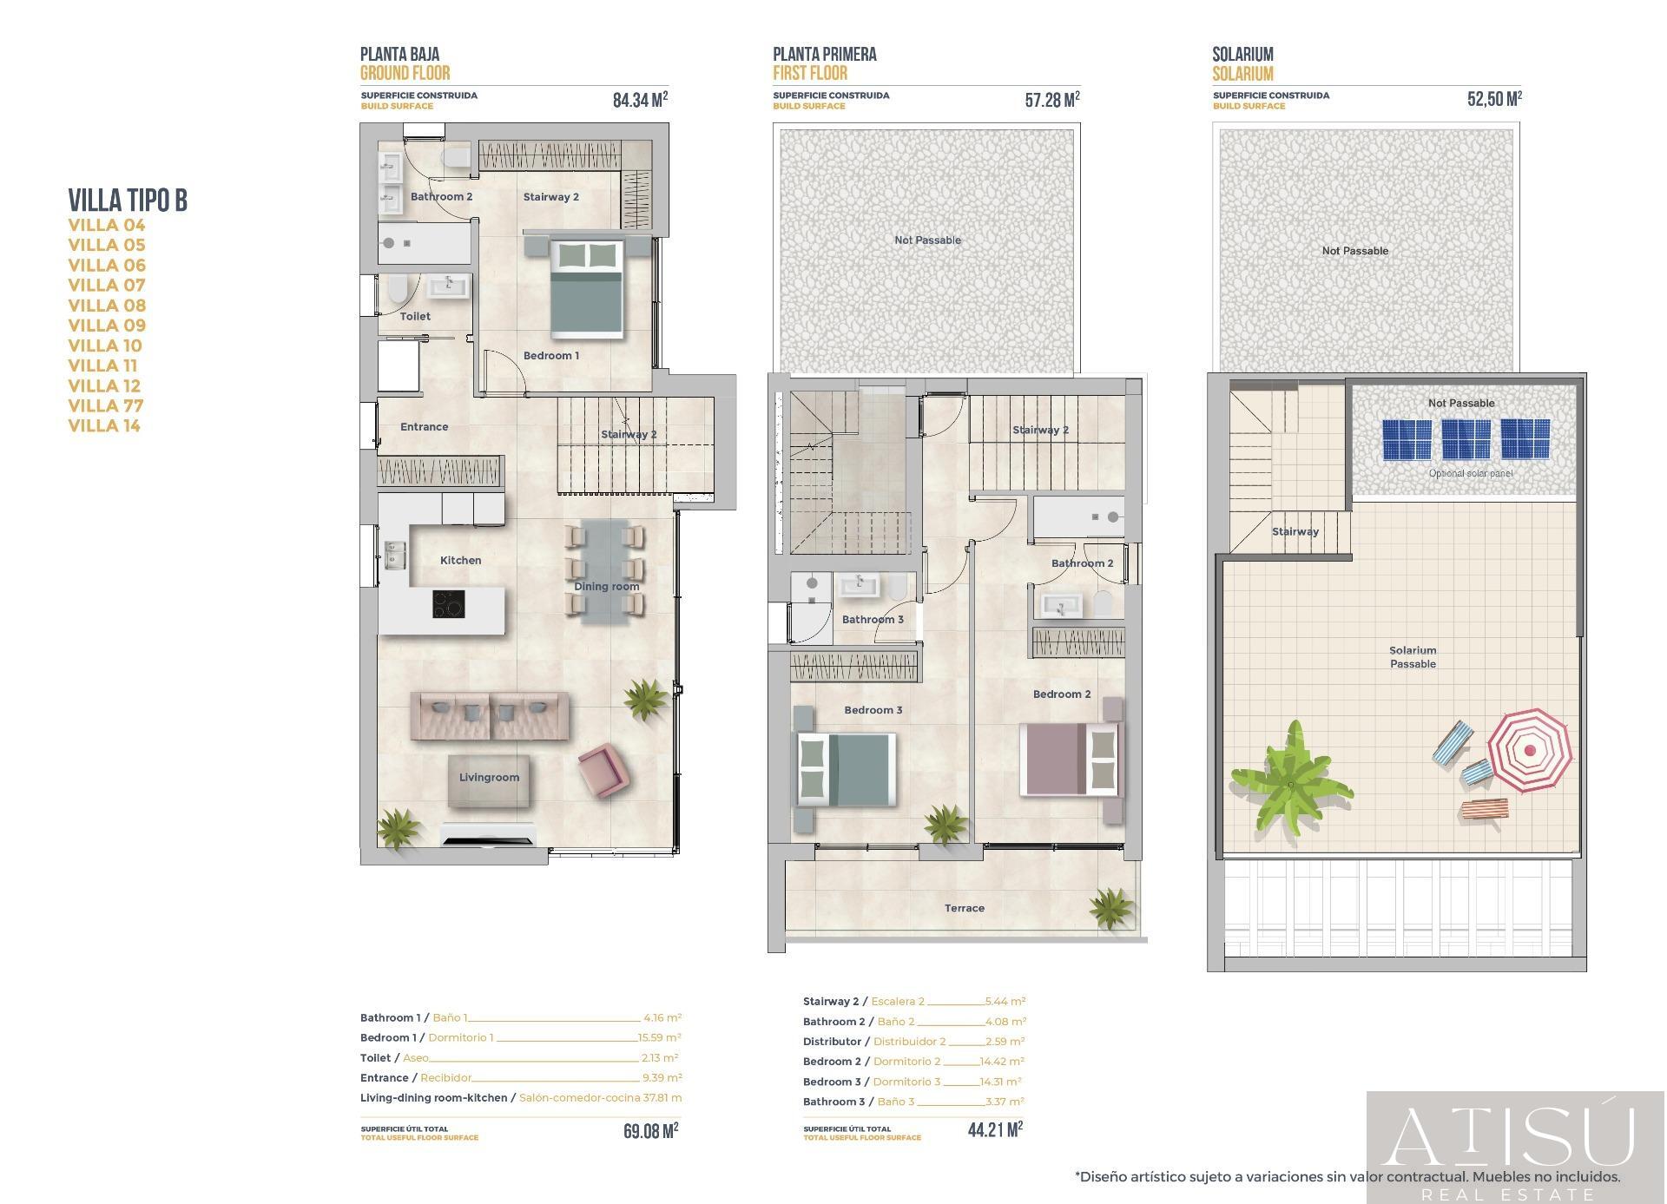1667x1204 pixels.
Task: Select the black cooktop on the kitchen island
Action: (448, 604)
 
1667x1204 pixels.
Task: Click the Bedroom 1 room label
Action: (550, 355)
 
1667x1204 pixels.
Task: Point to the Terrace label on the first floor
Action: (964, 908)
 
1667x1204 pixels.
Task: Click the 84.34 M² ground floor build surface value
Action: (640, 100)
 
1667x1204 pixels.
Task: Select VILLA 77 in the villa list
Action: (106, 405)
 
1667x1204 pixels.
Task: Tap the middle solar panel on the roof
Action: (1466, 439)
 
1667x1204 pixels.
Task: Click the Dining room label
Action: (606, 587)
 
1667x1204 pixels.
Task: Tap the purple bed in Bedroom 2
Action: (1070, 759)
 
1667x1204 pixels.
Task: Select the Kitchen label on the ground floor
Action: (460, 561)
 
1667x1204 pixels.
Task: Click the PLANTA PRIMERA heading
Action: (824, 54)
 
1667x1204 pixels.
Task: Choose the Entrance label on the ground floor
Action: (424, 427)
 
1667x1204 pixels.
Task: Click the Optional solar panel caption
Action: (1470, 474)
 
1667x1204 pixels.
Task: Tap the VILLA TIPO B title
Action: (128, 201)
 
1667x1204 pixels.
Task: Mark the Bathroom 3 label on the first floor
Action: (873, 619)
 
